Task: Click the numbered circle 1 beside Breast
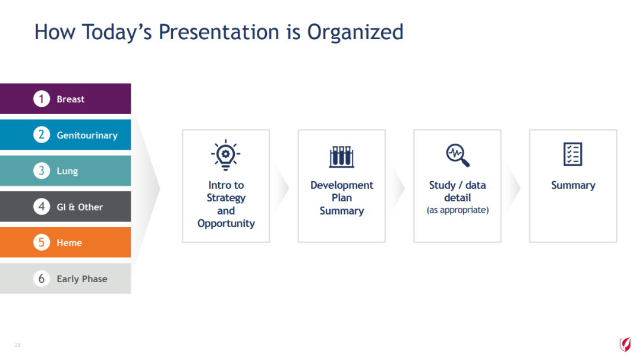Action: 42,99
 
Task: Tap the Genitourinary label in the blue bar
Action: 87,135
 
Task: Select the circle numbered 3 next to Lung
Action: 42,170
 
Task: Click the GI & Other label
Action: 80,207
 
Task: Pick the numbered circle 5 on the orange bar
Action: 42,242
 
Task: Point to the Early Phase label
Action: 82,279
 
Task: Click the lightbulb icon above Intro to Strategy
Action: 226,155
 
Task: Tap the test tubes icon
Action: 341,157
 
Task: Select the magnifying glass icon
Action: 457,155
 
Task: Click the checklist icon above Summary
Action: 573,154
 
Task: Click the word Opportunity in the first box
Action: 226,223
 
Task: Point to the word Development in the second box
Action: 342,185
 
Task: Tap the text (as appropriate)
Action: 458,210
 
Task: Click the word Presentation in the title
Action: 219,32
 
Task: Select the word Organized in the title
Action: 355,32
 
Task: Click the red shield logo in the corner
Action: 625,345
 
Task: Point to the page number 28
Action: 18,345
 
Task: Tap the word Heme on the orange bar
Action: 69,243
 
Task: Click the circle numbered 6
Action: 42,279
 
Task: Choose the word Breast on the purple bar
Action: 70,99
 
